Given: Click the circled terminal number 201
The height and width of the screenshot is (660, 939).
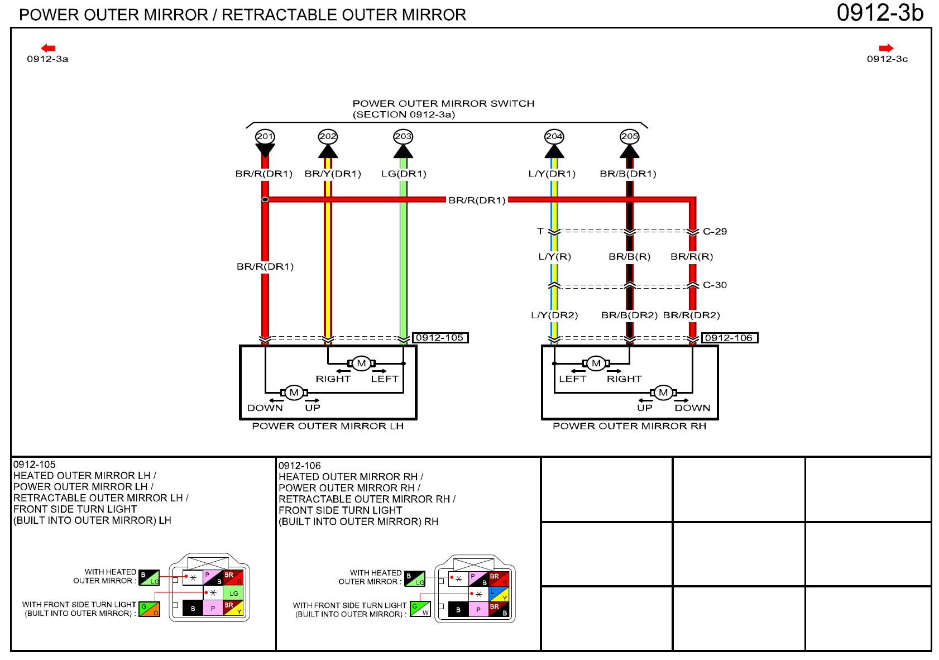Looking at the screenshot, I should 265,136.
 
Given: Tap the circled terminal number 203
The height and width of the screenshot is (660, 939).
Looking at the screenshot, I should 403,136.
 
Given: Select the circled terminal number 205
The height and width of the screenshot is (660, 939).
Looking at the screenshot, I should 629,136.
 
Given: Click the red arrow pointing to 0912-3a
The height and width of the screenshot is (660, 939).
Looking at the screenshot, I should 48,48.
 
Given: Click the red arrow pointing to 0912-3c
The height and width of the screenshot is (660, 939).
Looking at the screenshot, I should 886,48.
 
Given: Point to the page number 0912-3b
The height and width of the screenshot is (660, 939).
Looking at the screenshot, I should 880,13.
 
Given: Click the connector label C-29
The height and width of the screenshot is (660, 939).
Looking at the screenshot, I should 715,231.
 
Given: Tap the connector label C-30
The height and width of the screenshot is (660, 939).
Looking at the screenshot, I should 715,285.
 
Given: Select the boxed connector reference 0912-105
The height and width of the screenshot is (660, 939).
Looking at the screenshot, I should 440,338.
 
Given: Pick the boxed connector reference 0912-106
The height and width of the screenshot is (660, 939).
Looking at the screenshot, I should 729,338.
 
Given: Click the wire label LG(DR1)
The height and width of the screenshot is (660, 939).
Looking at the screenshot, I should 404,174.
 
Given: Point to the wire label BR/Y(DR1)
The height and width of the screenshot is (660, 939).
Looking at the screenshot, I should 333,174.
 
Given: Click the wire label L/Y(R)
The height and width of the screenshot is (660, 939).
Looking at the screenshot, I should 554,256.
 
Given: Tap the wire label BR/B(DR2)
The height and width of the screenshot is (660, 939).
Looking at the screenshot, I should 629,315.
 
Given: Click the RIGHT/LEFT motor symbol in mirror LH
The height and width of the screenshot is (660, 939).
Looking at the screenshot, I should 361,364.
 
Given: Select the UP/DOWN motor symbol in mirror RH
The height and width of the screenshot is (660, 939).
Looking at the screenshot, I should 663,393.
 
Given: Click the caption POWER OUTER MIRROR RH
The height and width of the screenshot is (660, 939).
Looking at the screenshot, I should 629,426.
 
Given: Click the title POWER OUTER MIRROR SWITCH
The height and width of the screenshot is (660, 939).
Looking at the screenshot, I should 443,103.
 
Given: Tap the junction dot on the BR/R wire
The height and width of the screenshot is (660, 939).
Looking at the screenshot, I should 265,199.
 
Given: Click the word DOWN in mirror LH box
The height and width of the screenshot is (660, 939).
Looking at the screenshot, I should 265,408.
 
